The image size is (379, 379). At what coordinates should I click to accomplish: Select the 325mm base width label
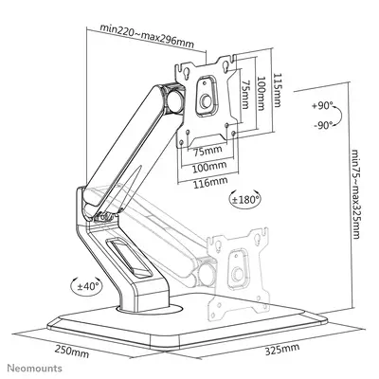275,350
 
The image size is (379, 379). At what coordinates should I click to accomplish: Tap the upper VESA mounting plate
205,94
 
